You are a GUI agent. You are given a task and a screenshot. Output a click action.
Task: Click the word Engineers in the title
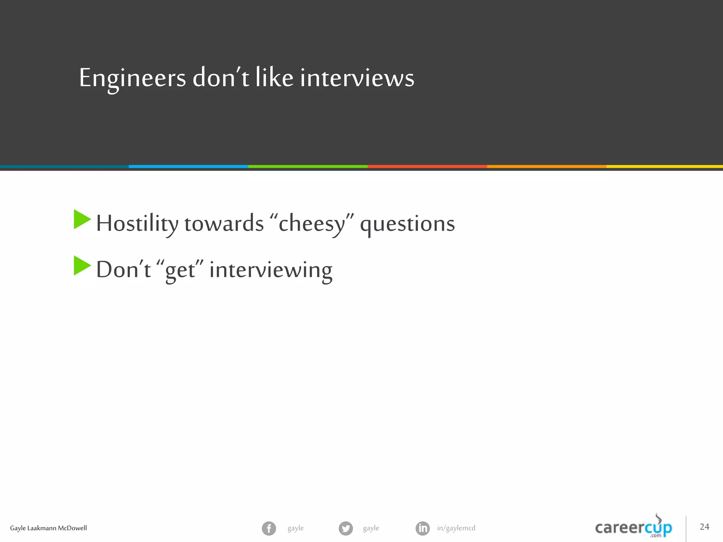tap(132, 78)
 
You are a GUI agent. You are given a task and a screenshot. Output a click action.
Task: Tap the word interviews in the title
tap(357, 78)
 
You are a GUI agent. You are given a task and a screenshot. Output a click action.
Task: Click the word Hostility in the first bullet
tap(137, 224)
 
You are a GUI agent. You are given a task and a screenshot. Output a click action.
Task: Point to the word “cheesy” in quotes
tap(312, 224)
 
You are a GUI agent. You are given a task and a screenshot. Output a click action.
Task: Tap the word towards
tap(224, 224)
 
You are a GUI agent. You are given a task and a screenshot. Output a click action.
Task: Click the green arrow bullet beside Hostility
tap(82, 219)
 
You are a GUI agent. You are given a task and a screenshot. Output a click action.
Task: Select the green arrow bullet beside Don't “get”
tap(82, 266)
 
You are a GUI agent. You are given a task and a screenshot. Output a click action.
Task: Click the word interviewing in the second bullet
tap(271, 270)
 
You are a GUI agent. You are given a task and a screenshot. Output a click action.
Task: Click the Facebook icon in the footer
tap(269, 528)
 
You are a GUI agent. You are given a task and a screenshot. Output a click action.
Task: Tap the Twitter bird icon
tap(346, 528)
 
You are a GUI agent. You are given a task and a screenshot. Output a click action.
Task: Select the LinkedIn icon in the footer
tap(423, 528)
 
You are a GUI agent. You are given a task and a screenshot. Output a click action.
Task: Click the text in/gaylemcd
tap(456, 528)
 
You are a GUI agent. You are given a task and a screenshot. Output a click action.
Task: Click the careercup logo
tap(634, 527)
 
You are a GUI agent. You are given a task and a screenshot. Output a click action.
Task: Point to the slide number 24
tap(704, 526)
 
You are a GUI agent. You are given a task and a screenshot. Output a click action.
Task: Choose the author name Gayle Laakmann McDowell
tap(48, 528)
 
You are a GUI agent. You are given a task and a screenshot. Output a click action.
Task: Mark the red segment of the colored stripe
tap(427, 166)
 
